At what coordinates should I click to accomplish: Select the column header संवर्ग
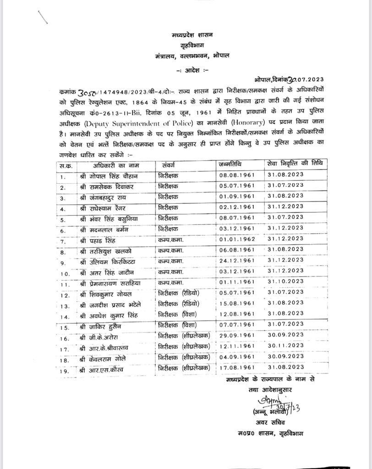pyautogui.click(x=169, y=165)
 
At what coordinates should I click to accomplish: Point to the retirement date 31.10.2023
pyautogui.click(x=285, y=282)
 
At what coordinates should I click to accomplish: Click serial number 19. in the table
pyautogui.click(x=64, y=370)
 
